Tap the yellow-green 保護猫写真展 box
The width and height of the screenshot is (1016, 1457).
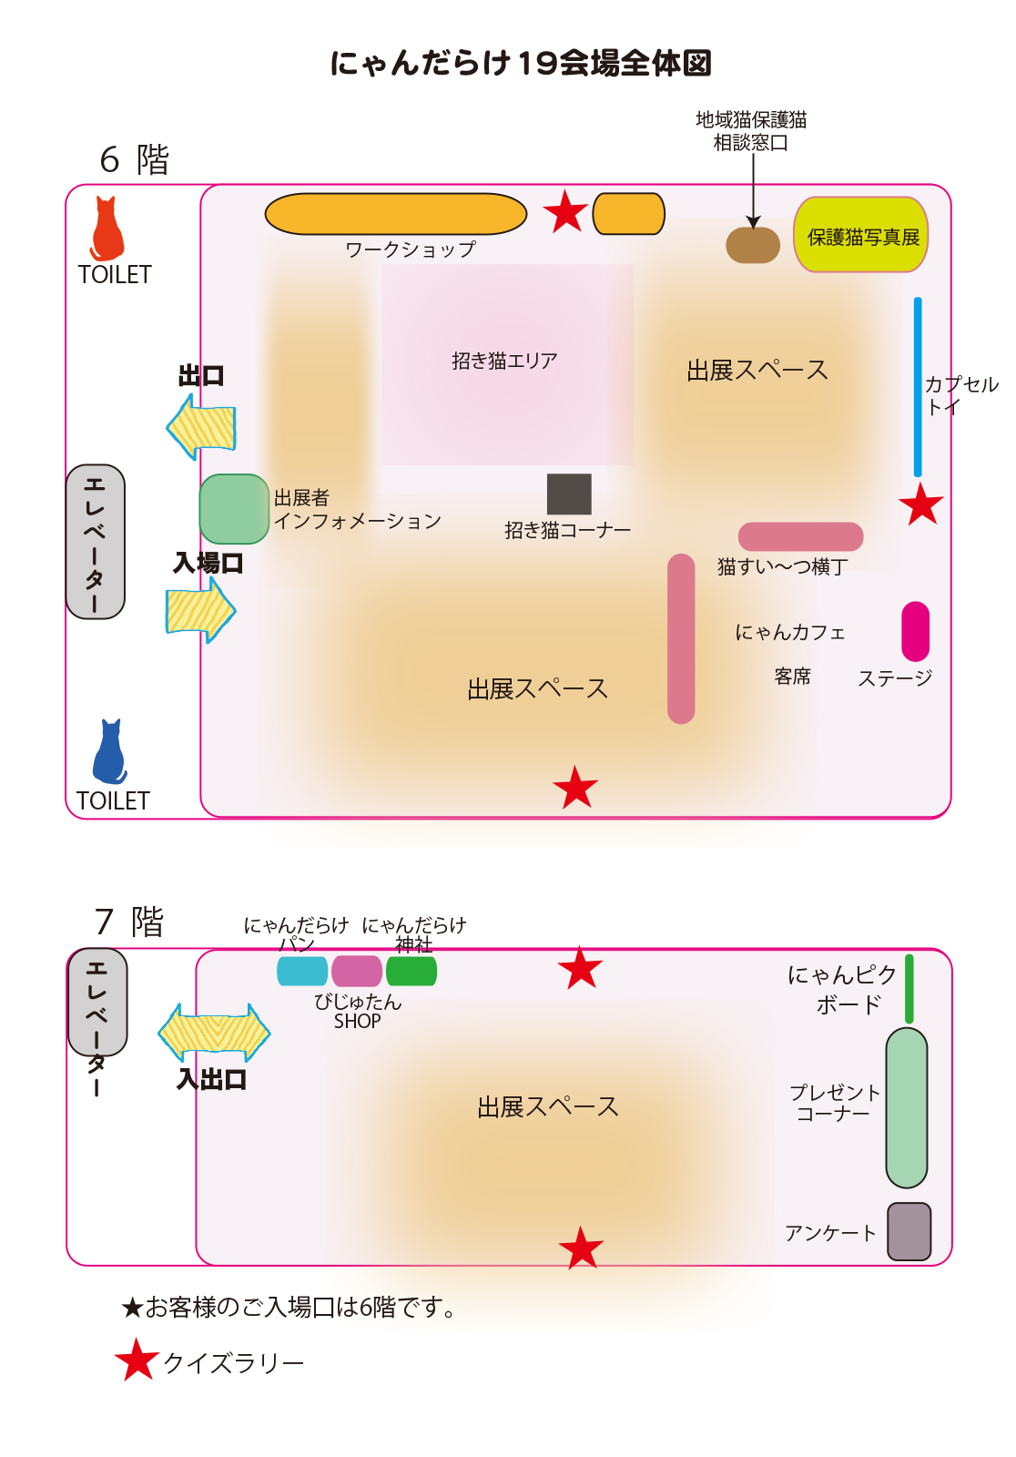(x=861, y=235)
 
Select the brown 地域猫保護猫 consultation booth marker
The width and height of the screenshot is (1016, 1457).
(x=753, y=245)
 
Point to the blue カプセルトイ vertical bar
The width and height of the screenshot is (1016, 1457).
(x=918, y=386)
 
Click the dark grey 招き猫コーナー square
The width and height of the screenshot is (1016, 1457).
(x=569, y=494)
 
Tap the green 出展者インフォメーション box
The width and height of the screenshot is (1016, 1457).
(x=234, y=509)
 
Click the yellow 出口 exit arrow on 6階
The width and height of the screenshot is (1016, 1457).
(x=202, y=426)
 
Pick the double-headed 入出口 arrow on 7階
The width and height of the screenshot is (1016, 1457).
(x=214, y=1033)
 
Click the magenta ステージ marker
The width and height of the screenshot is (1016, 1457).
(x=915, y=631)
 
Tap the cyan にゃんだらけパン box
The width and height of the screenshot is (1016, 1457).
(x=302, y=972)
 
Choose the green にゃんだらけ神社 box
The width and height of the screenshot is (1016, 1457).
(x=411, y=972)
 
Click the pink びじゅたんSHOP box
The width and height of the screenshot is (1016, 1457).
(x=357, y=972)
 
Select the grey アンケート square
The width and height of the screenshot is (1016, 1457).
(x=909, y=1231)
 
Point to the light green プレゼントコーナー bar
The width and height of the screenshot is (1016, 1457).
(x=907, y=1107)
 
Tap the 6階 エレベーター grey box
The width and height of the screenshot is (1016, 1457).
(x=96, y=542)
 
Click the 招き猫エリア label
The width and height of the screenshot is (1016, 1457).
(x=504, y=361)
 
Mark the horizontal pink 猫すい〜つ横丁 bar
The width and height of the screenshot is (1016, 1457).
(x=800, y=536)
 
